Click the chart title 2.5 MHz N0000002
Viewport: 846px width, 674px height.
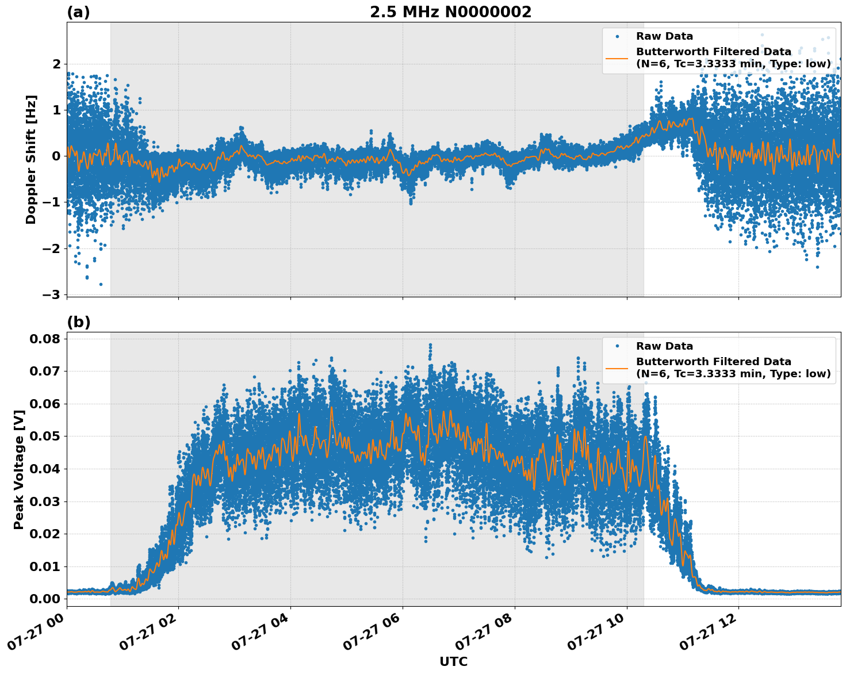point(450,12)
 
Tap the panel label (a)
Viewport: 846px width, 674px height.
point(78,12)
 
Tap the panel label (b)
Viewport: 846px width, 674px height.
point(79,322)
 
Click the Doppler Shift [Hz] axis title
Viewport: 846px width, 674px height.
point(31,159)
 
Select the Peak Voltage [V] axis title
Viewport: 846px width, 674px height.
point(19,469)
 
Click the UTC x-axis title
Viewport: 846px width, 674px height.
point(453,661)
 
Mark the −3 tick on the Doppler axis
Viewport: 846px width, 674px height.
point(51,294)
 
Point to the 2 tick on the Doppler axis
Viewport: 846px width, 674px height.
point(56,64)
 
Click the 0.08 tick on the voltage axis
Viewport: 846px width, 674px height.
point(44,339)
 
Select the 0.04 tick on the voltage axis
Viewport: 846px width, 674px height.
point(44,469)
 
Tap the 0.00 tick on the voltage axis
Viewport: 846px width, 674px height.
point(44,599)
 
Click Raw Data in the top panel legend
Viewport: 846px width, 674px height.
point(664,36)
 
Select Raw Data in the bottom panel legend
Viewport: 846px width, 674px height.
point(664,346)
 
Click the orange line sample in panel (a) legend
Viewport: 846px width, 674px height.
point(617,58)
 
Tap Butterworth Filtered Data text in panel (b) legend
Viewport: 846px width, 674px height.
point(713,362)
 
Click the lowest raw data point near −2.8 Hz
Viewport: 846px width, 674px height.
point(101,284)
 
